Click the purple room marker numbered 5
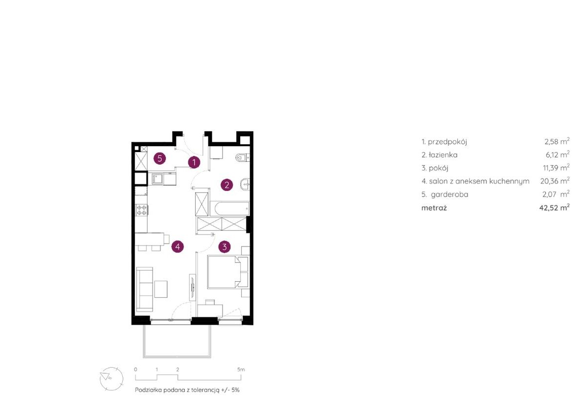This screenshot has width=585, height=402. [159, 158]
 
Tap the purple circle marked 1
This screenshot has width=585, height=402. [194, 162]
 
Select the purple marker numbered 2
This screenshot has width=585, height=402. [226, 184]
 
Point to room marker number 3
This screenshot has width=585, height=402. [224, 246]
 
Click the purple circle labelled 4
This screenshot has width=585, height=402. [178, 246]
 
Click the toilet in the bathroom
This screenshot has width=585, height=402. [243, 158]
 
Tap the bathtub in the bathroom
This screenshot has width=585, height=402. [229, 209]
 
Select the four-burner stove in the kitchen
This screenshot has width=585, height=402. [141, 210]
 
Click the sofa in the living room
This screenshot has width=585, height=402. [144, 289]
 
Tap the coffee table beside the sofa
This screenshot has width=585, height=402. [161, 289]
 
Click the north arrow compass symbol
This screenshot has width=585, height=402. [111, 379]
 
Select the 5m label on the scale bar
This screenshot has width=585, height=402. [241, 370]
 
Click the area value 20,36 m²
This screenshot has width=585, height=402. [555, 181]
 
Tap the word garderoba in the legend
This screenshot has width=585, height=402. [450, 194]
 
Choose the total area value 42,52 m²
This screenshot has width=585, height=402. [554, 207]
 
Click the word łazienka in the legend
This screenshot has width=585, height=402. [443, 155]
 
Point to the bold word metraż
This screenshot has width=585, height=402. [434, 208]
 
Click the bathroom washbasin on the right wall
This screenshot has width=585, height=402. [245, 184]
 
